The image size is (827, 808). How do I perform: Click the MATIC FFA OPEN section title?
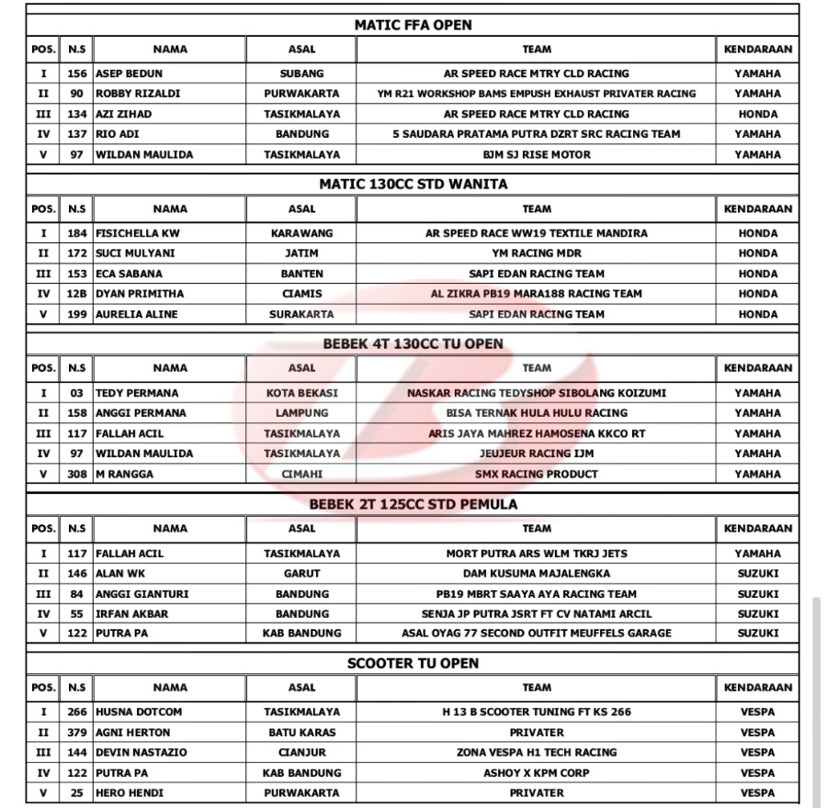(x=413, y=25)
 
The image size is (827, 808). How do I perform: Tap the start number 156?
(x=77, y=73)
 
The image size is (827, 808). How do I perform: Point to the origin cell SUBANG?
(x=301, y=73)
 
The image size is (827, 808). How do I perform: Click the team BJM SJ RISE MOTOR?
(x=536, y=154)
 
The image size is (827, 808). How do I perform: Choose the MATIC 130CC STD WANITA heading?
(x=413, y=184)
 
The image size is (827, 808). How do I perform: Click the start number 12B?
(x=77, y=294)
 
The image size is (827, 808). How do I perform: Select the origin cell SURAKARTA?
(x=301, y=314)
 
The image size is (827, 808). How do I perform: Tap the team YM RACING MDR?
(x=536, y=253)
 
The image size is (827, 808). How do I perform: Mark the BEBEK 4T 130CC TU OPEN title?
(x=413, y=343)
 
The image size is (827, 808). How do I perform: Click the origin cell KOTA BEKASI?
(x=301, y=393)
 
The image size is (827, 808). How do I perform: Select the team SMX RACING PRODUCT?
(x=536, y=474)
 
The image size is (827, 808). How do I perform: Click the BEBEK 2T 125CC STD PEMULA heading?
(x=413, y=504)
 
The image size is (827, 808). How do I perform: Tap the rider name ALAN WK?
(x=120, y=574)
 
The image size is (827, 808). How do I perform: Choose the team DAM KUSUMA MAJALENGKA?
(x=536, y=574)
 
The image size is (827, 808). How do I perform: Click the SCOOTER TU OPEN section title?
(x=413, y=663)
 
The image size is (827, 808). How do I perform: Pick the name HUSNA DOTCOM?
(x=139, y=712)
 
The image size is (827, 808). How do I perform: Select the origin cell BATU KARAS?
(x=301, y=733)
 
